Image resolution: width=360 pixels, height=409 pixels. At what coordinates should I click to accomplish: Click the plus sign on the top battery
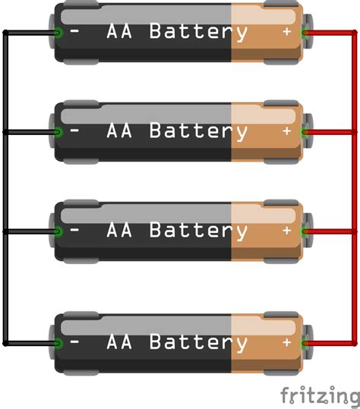point(286,32)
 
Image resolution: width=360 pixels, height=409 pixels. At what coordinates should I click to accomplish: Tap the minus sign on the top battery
point(74,32)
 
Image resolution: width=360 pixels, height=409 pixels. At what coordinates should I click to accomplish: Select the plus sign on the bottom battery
point(286,343)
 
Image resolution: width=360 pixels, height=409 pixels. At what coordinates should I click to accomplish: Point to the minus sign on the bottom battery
point(74,343)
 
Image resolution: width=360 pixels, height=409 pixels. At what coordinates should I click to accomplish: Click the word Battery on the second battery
point(198,131)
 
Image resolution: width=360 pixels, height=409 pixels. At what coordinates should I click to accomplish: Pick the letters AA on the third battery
point(119,230)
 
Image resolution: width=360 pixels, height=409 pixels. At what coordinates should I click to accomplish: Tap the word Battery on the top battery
point(198,32)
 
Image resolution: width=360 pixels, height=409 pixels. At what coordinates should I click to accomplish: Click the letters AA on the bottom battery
point(119,343)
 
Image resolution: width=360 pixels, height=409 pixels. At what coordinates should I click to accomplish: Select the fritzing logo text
point(319,395)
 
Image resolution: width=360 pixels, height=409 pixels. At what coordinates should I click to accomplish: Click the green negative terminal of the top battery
point(58,32)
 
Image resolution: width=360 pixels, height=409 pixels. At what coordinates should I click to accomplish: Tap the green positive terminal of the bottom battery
point(305,343)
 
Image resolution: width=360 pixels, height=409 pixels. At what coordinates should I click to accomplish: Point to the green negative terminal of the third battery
point(58,230)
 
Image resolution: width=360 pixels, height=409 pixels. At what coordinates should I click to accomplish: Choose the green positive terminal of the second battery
point(305,131)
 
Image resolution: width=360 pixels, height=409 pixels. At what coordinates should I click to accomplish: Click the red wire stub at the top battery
point(330,32)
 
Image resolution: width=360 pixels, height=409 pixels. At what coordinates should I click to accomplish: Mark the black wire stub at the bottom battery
point(30,343)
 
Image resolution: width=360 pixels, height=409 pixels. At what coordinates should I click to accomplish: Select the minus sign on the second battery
point(74,131)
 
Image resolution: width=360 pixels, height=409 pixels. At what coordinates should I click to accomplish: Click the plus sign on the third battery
point(286,230)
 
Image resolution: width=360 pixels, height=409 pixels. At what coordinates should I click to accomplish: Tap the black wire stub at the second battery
point(30,131)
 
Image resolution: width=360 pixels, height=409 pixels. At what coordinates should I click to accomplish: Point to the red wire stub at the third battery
point(330,230)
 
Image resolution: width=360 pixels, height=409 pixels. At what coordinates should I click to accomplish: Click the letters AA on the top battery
point(119,32)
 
